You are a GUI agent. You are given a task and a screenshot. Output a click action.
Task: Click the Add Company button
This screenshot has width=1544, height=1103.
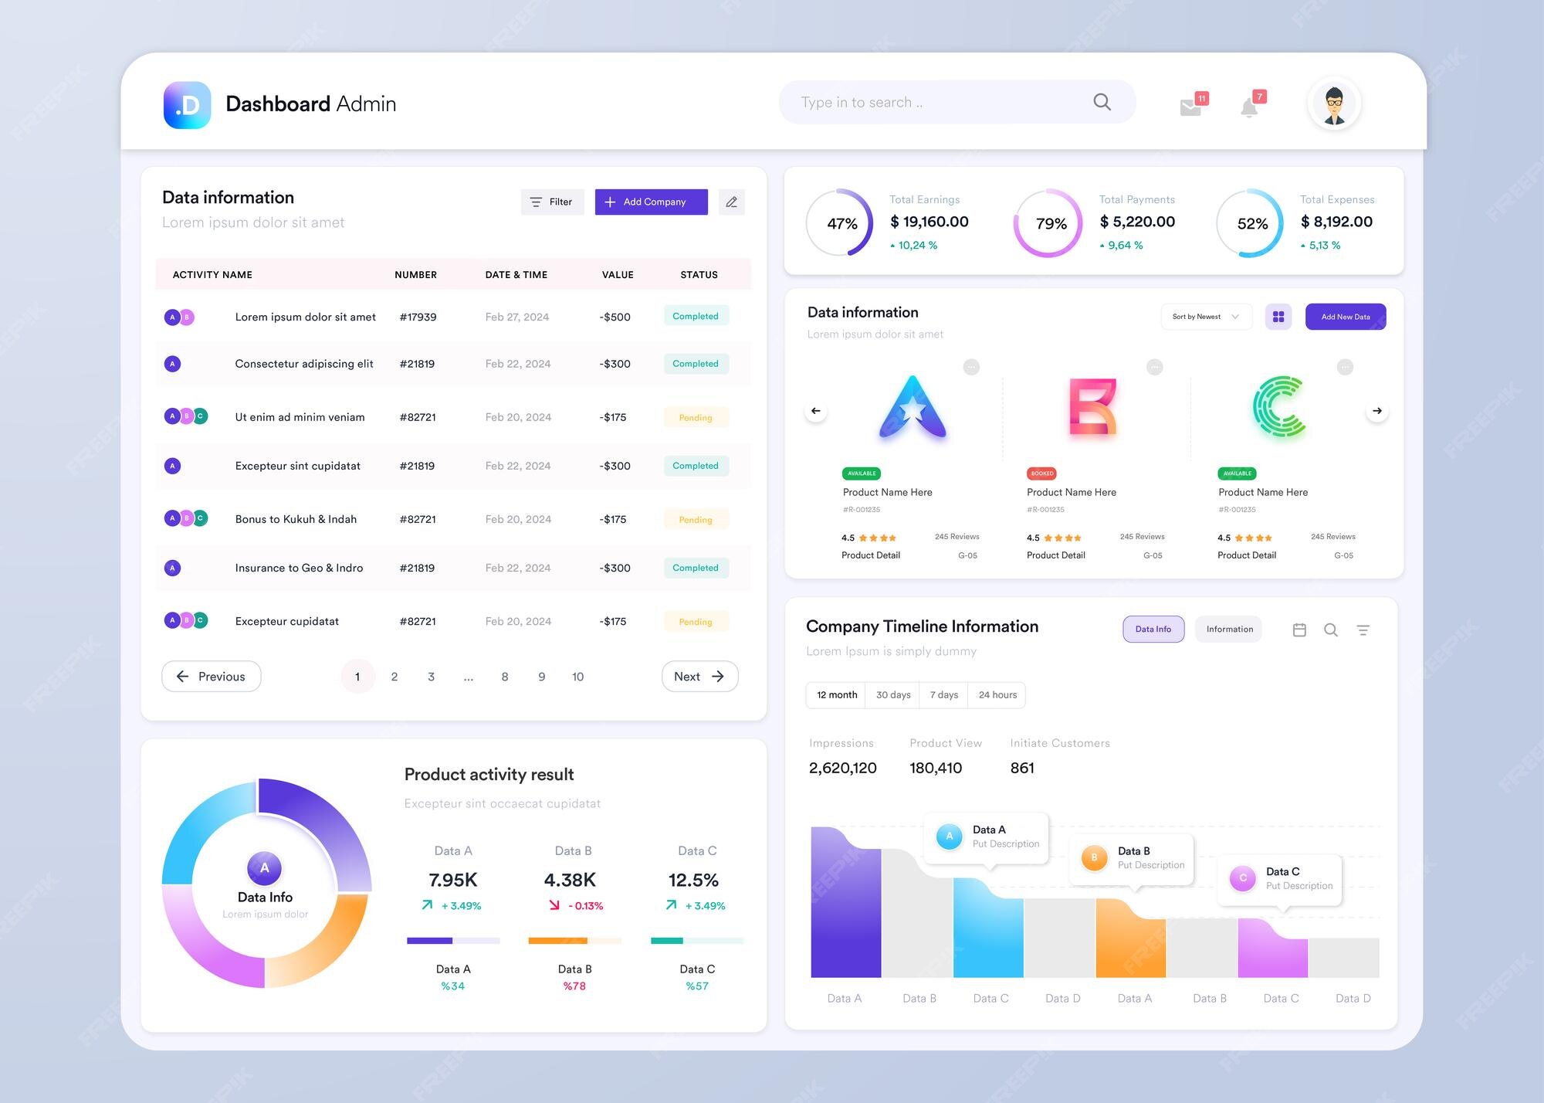coord(651,202)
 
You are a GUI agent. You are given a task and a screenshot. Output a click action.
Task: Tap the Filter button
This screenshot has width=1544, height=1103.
coord(552,202)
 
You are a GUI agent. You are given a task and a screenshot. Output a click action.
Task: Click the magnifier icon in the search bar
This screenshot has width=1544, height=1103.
coord(1102,102)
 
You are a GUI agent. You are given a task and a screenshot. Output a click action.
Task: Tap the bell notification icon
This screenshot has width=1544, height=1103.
coord(1249,107)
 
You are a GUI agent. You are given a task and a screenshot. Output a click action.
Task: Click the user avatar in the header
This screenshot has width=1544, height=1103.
coord(1334,104)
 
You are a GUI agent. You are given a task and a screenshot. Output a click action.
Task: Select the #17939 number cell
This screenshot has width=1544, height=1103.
coord(418,317)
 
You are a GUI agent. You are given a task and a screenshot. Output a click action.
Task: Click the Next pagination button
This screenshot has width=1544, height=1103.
coord(699,677)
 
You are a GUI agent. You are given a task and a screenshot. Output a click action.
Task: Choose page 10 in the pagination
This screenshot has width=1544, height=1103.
coord(577,677)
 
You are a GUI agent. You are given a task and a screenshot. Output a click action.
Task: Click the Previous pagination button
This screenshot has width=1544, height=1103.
coord(211,677)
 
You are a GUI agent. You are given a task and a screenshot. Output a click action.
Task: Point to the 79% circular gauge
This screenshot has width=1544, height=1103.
coord(1049,223)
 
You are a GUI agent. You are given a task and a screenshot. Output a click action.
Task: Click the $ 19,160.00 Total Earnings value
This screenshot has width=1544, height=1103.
coord(929,222)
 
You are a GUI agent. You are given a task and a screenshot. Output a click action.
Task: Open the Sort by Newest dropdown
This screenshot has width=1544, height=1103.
coord(1205,317)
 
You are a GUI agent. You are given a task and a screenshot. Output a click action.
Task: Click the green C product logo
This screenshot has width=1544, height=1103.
coord(1278,407)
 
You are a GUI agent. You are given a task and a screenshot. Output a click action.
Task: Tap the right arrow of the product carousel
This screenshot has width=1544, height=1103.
coord(1377,411)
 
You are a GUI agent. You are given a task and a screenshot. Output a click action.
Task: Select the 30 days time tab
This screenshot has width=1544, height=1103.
coord(893,695)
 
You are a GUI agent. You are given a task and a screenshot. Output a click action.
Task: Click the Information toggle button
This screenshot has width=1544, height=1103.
coord(1229,630)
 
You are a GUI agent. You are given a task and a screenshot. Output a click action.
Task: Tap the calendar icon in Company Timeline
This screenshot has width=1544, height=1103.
coord(1299,630)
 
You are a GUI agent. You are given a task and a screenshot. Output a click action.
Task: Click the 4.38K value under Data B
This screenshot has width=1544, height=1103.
coord(570,880)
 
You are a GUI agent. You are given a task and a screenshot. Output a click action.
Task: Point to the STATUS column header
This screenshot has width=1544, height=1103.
coord(699,275)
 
